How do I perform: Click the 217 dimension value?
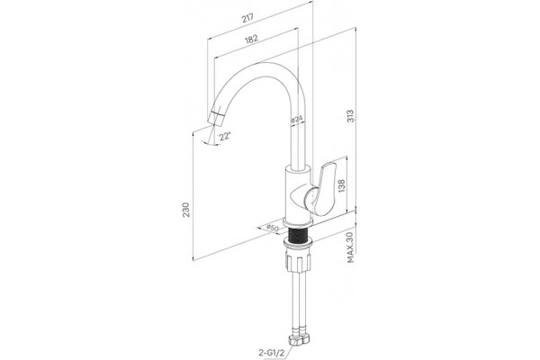[x=247, y=18]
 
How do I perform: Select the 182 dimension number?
[x=251, y=39]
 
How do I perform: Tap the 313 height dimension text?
[x=350, y=116]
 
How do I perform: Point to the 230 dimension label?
[x=186, y=210]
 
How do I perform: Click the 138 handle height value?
[x=342, y=186]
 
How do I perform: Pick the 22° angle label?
[x=224, y=136]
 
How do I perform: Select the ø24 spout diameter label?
[x=297, y=119]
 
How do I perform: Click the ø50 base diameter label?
[x=273, y=228]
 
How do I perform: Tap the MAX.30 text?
[x=351, y=247]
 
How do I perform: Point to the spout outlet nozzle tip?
[x=216, y=119]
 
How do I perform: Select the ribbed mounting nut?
[x=298, y=261]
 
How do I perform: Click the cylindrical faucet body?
[x=298, y=193]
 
